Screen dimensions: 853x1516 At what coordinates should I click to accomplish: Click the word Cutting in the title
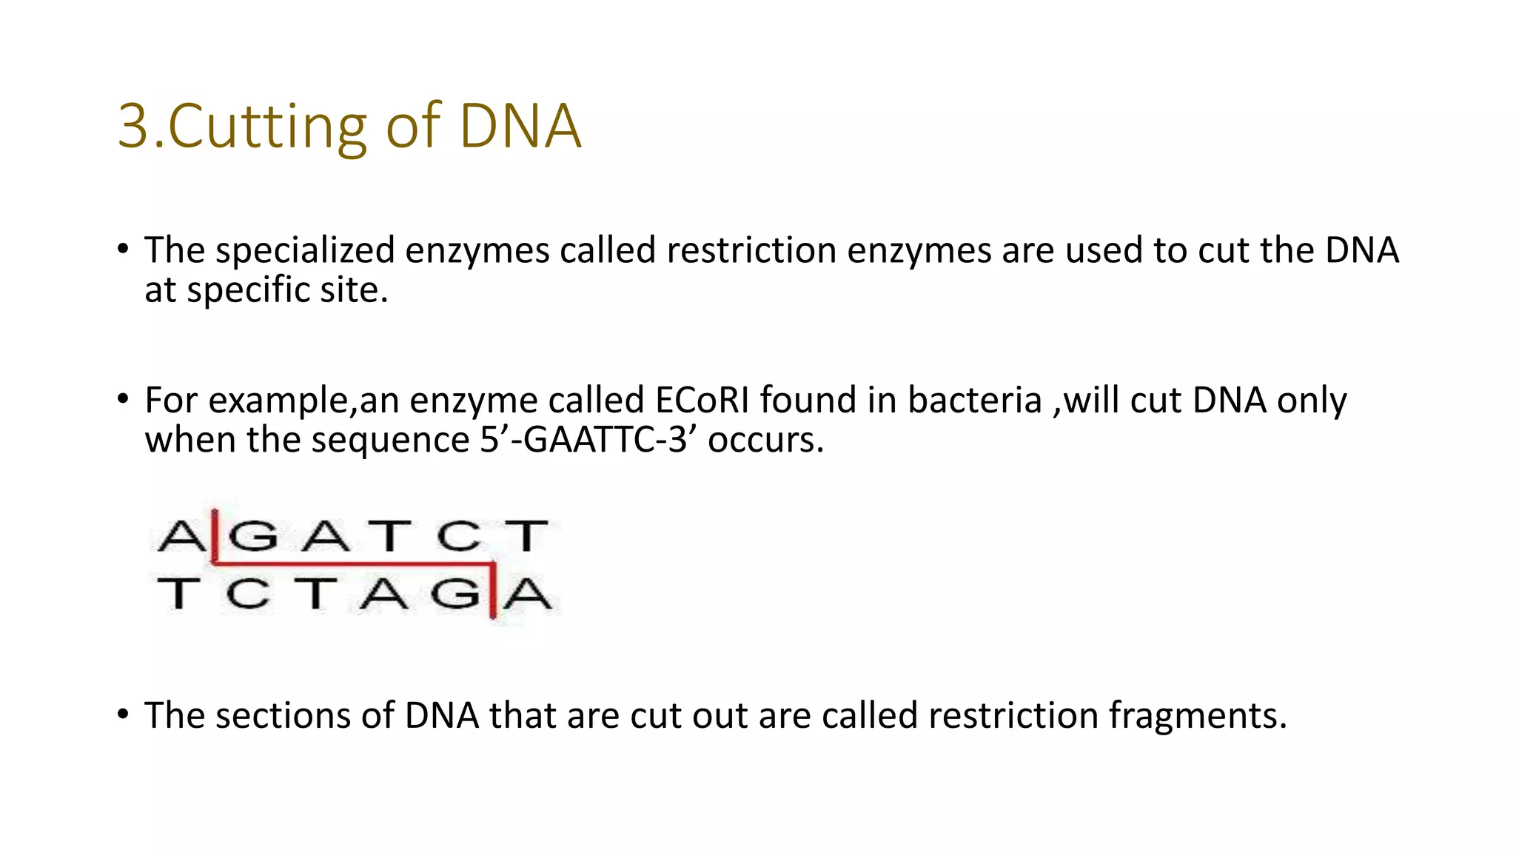267,127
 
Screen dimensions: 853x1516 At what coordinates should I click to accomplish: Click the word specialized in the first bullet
305,250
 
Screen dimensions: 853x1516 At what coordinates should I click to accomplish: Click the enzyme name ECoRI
702,401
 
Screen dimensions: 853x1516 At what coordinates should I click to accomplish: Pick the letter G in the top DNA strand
253,535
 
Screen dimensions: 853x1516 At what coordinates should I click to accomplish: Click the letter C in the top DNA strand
458,535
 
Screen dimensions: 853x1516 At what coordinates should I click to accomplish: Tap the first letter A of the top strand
180,535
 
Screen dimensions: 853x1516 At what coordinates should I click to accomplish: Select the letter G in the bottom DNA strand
455,594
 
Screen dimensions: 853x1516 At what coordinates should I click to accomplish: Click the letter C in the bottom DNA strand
248,594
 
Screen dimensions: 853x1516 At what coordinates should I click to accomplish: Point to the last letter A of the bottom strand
527,594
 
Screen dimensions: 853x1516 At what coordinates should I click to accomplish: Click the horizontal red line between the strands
354,564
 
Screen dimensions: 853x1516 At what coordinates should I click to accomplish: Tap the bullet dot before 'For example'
123,400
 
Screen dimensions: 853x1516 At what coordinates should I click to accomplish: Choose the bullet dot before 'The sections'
123,715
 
